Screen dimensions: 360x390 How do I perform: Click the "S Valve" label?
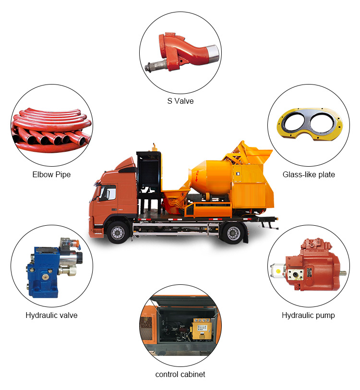pyautogui.click(x=180, y=101)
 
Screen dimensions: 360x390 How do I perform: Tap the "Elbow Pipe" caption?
pyautogui.click(x=51, y=175)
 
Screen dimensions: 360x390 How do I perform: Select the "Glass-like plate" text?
pyautogui.click(x=309, y=175)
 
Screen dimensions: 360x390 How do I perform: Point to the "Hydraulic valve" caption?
pyautogui.click(x=51, y=316)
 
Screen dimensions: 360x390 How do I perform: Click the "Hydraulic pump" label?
pyautogui.click(x=308, y=316)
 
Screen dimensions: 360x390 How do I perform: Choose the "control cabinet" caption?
pyautogui.click(x=180, y=374)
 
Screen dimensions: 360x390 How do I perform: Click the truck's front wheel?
pyautogui.click(x=118, y=232)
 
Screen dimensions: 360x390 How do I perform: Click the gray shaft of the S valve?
pyautogui.click(x=156, y=66)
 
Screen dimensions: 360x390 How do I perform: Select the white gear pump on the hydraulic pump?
pyautogui.click(x=278, y=270)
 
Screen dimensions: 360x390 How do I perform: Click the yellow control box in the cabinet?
pyautogui.click(x=202, y=329)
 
